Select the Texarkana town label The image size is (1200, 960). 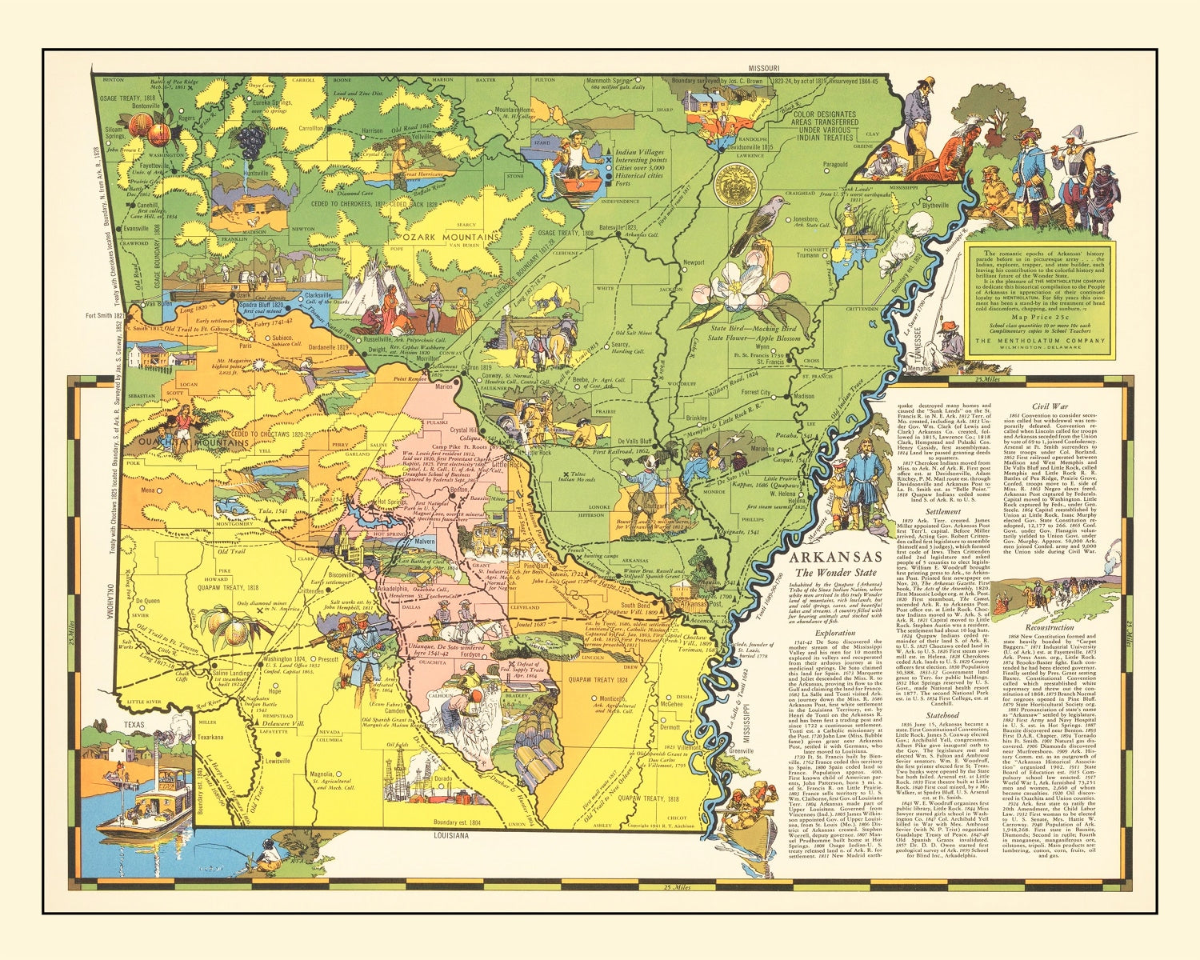[x=210, y=737]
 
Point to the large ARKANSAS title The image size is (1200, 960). [x=836, y=557]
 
